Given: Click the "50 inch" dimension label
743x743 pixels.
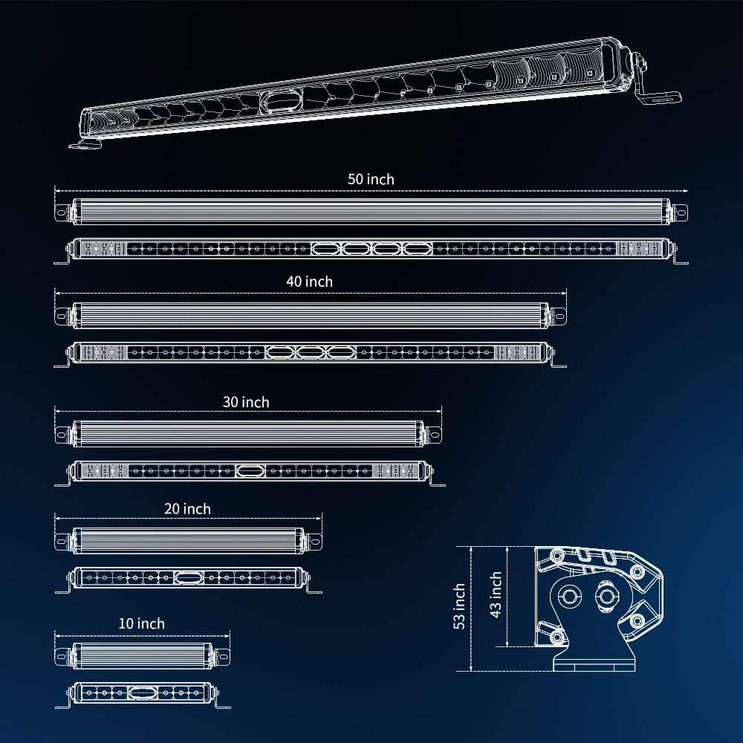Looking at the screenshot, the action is click(371, 180).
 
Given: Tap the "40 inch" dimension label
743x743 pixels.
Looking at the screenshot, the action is click(309, 282).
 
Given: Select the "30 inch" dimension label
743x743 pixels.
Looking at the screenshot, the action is click(246, 402).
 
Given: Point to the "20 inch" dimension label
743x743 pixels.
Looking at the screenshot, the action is click(188, 509).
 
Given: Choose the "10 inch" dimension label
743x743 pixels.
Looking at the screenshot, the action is click(142, 623).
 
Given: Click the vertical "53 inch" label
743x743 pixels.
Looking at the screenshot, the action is click(459, 606).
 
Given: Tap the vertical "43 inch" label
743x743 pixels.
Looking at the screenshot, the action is click(496, 594).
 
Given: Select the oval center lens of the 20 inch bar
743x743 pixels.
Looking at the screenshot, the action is click(189, 577).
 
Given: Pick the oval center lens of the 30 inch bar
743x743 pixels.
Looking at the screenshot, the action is click(250, 470).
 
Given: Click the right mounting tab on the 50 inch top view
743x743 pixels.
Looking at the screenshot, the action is click(680, 212).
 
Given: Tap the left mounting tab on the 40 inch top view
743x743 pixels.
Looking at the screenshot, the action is click(62, 316).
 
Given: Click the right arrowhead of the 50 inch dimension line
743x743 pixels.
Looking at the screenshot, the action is click(685, 191).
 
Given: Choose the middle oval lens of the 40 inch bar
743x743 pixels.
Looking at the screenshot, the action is click(311, 352).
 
